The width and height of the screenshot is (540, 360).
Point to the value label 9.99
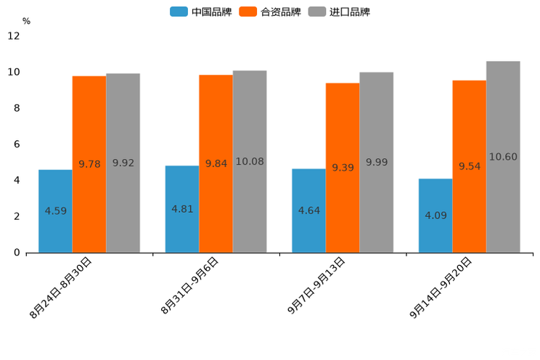point(377,163)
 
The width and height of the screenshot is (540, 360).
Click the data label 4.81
point(182,209)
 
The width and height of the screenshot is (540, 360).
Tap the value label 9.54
point(470,166)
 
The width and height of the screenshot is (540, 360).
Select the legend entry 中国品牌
point(201,12)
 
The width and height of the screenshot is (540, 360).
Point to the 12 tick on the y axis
point(14,36)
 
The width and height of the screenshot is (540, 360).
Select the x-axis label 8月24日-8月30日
point(61,288)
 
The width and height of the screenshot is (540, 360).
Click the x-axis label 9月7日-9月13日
point(316,286)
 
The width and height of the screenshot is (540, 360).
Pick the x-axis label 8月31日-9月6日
point(190,286)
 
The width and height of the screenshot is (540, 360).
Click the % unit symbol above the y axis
point(26,21)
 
